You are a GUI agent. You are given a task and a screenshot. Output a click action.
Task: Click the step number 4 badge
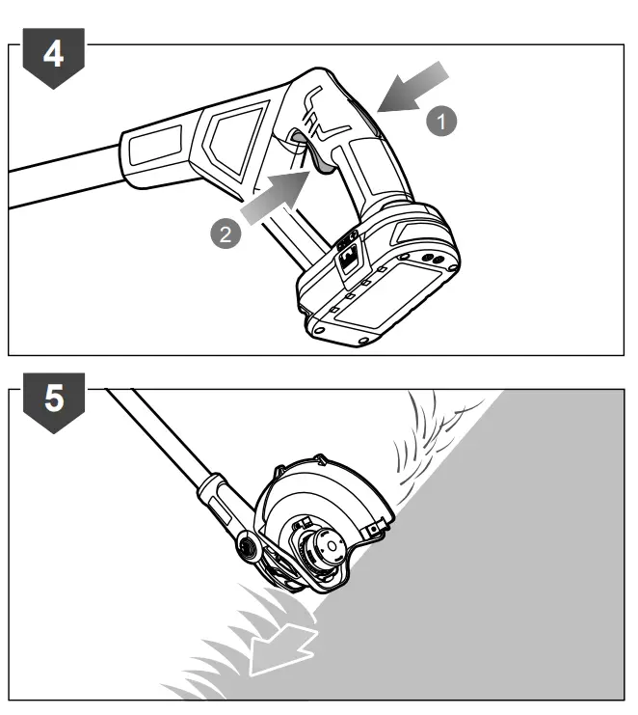(x=53, y=55)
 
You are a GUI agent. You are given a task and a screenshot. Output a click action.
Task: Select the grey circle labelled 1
(x=439, y=122)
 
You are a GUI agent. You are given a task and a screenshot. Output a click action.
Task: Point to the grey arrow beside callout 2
(x=274, y=197)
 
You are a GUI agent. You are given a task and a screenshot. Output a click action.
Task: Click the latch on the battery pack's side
(x=349, y=255)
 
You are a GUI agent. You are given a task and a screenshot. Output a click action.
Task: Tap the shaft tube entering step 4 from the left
(x=58, y=184)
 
